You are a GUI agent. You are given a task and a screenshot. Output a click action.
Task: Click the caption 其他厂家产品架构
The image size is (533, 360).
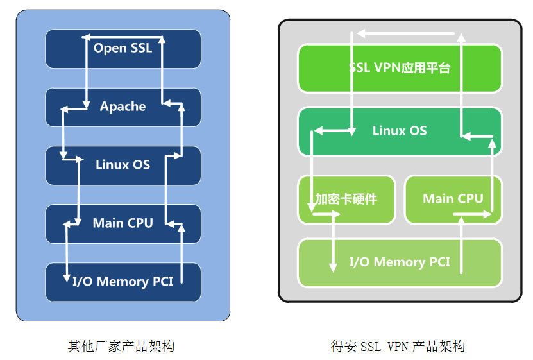(x=121, y=347)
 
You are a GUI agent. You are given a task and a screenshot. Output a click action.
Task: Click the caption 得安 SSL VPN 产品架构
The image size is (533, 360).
(x=398, y=347)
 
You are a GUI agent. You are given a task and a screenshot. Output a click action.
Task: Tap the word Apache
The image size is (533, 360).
(x=123, y=107)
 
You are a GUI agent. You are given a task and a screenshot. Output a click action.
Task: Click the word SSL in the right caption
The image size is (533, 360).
(x=371, y=347)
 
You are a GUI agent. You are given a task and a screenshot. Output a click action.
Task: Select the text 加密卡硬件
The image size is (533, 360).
(x=346, y=199)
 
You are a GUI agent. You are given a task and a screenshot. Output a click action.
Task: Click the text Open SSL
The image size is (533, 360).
(x=123, y=47)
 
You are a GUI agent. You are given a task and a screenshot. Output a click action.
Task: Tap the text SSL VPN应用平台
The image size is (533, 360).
(x=399, y=68)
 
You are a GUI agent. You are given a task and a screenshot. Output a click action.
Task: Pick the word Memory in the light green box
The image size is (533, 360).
(x=398, y=262)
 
